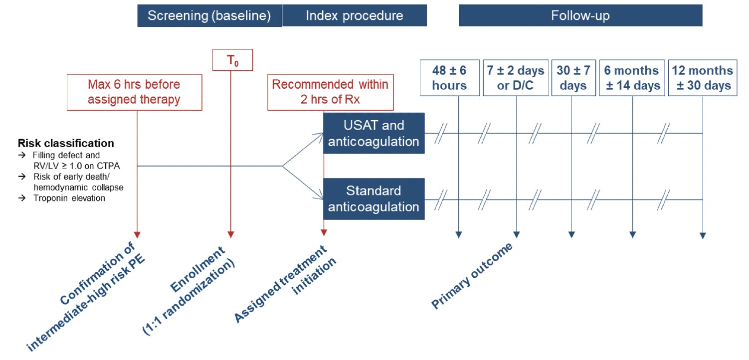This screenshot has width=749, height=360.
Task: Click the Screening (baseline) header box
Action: tap(209, 15)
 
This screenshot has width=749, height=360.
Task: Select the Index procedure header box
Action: tap(355, 15)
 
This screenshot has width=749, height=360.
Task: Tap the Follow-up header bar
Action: tap(580, 15)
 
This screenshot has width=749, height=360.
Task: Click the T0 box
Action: tap(233, 60)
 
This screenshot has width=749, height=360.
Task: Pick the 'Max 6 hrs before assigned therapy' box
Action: tap(135, 92)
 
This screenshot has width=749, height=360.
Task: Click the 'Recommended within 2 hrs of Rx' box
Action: tap(330, 92)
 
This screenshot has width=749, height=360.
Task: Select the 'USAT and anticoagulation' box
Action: tap(374, 133)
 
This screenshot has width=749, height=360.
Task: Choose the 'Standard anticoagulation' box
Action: tap(374, 199)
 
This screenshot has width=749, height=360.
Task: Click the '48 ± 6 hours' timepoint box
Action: tap(450, 78)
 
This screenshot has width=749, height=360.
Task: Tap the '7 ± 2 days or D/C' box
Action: tap(516, 78)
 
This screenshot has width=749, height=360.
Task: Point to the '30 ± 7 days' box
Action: tap(573, 78)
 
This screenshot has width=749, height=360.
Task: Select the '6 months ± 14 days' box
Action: tap(632, 78)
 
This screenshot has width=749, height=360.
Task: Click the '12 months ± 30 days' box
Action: tap(703, 78)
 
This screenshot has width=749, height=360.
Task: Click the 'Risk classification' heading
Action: tap(66, 143)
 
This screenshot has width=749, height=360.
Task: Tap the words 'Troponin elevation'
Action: tap(69, 198)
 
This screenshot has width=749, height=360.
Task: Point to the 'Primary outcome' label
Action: tap(472, 276)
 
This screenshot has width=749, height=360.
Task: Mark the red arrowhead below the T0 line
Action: tap(231, 234)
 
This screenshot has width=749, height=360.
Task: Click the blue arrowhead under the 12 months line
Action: tap(703, 235)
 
